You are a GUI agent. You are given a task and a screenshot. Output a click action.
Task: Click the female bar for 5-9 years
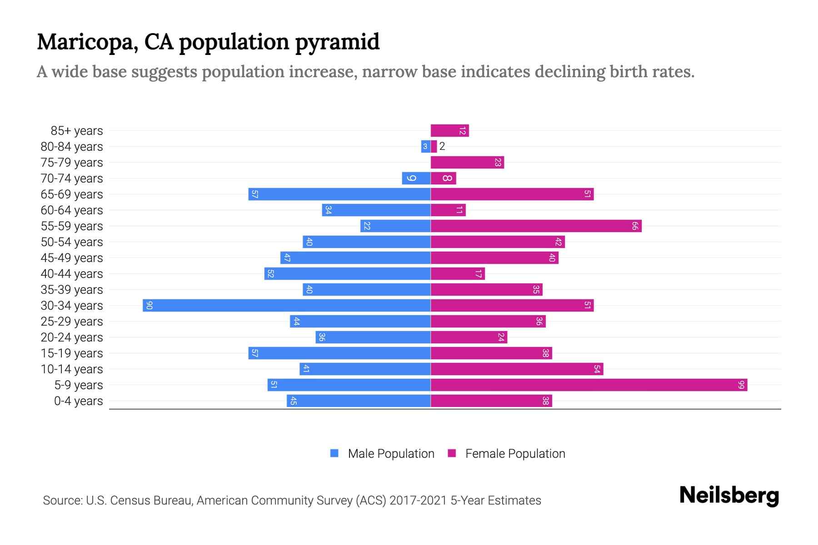[589, 385]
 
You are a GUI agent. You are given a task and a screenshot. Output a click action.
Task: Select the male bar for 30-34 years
[286, 306]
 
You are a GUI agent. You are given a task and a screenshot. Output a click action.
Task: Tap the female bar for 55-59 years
[536, 226]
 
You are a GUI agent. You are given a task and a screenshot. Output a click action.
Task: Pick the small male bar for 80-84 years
[425, 147]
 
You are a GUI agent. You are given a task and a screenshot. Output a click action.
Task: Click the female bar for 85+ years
[449, 131]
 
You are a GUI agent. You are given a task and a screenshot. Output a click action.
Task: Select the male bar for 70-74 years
[416, 178]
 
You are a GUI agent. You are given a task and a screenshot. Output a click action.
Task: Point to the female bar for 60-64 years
[448, 210]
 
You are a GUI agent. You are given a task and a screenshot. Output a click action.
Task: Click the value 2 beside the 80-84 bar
[442, 147]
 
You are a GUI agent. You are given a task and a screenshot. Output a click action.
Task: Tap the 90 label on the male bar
[149, 306]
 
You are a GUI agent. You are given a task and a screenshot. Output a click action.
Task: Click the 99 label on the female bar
[741, 385]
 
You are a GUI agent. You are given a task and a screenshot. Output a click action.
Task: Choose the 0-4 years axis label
[78, 401]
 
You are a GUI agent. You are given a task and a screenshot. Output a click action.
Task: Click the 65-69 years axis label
[72, 194]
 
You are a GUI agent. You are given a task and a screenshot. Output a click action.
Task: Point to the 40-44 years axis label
[72, 274]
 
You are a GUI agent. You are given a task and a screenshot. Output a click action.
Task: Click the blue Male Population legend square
[334, 453]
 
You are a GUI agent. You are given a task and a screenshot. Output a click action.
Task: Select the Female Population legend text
[515, 454]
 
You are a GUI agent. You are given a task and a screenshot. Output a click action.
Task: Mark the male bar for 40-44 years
[347, 274]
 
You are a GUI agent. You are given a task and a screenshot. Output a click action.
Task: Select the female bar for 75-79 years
[467, 163]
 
